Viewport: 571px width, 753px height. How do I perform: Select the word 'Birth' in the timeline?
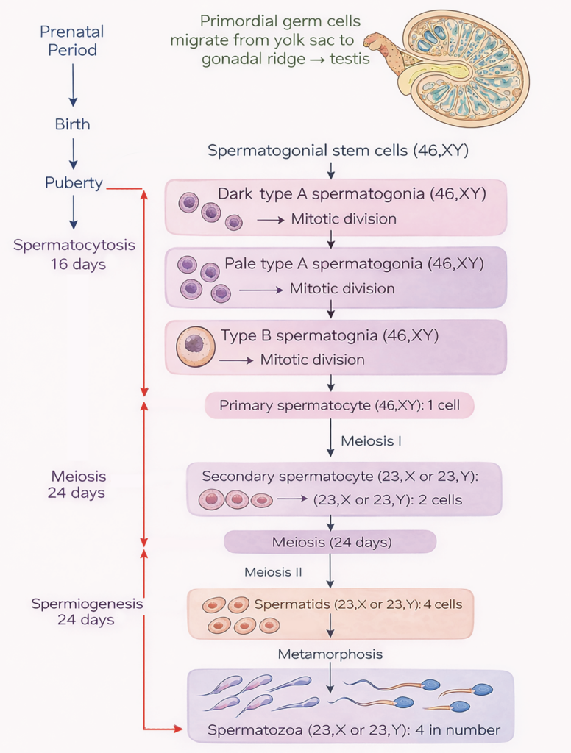(72, 124)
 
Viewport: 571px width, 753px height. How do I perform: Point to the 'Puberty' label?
(73, 183)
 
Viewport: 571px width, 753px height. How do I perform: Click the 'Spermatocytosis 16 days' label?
(74, 254)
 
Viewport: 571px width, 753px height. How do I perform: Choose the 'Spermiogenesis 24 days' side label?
(87, 611)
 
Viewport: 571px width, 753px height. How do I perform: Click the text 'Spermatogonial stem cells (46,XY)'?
(338, 151)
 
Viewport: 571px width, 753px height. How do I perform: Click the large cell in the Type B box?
(196, 346)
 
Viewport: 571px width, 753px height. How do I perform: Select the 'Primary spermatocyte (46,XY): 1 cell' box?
(339, 405)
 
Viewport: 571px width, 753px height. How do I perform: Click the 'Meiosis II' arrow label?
(274, 571)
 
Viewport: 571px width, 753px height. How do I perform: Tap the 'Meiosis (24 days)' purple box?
(331, 543)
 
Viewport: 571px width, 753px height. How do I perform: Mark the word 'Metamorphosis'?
(330, 654)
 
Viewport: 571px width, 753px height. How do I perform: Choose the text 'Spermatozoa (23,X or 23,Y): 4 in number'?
(354, 730)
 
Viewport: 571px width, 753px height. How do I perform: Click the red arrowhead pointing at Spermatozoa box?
(177, 729)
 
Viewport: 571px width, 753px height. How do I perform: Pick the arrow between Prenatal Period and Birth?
(72, 87)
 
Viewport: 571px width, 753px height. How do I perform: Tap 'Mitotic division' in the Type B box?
(313, 360)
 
